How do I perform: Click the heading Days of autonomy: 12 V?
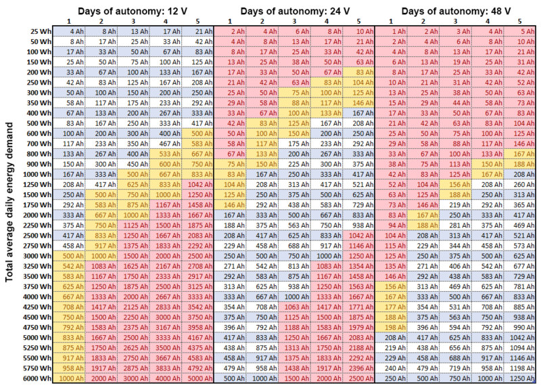tap(133, 11)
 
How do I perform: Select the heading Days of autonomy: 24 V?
tap(295, 11)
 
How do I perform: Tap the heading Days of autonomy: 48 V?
tap(456, 11)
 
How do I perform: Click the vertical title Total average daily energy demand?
tap(9, 202)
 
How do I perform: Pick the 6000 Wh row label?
tap(37, 378)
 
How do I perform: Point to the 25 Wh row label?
tap(41, 31)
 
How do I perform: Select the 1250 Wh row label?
tap(37, 184)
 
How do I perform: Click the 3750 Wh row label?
tap(37, 286)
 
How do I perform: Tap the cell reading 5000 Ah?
tap(197, 378)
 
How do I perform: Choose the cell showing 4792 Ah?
tap(197, 368)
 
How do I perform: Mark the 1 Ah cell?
tap(391, 31)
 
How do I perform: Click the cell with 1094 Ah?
tap(520, 348)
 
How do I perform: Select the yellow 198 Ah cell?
tap(391, 328)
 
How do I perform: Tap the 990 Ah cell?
tap(520, 328)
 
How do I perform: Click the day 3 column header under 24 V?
tap(294, 22)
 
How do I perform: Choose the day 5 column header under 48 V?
tap(519, 22)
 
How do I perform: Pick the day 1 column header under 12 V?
tap(69, 22)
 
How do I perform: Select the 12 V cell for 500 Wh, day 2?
tap(101, 123)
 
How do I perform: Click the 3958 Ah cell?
tap(197, 328)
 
